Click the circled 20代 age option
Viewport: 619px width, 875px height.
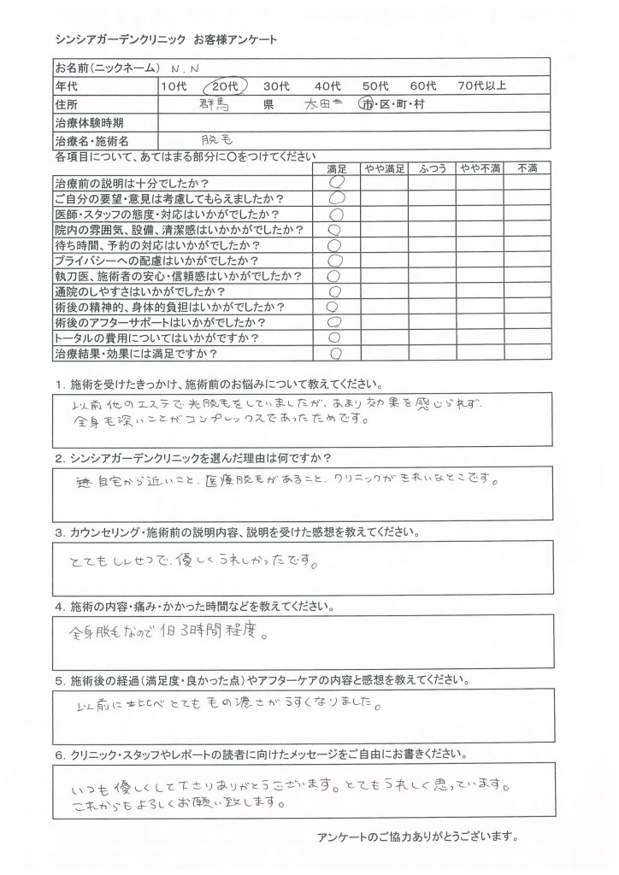coord(226,86)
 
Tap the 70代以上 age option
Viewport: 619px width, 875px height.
coord(483,86)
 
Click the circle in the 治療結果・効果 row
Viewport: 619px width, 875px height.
coord(336,352)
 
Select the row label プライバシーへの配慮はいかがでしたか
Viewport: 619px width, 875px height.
coord(158,260)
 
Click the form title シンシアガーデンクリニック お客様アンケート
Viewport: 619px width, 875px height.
coord(166,41)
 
